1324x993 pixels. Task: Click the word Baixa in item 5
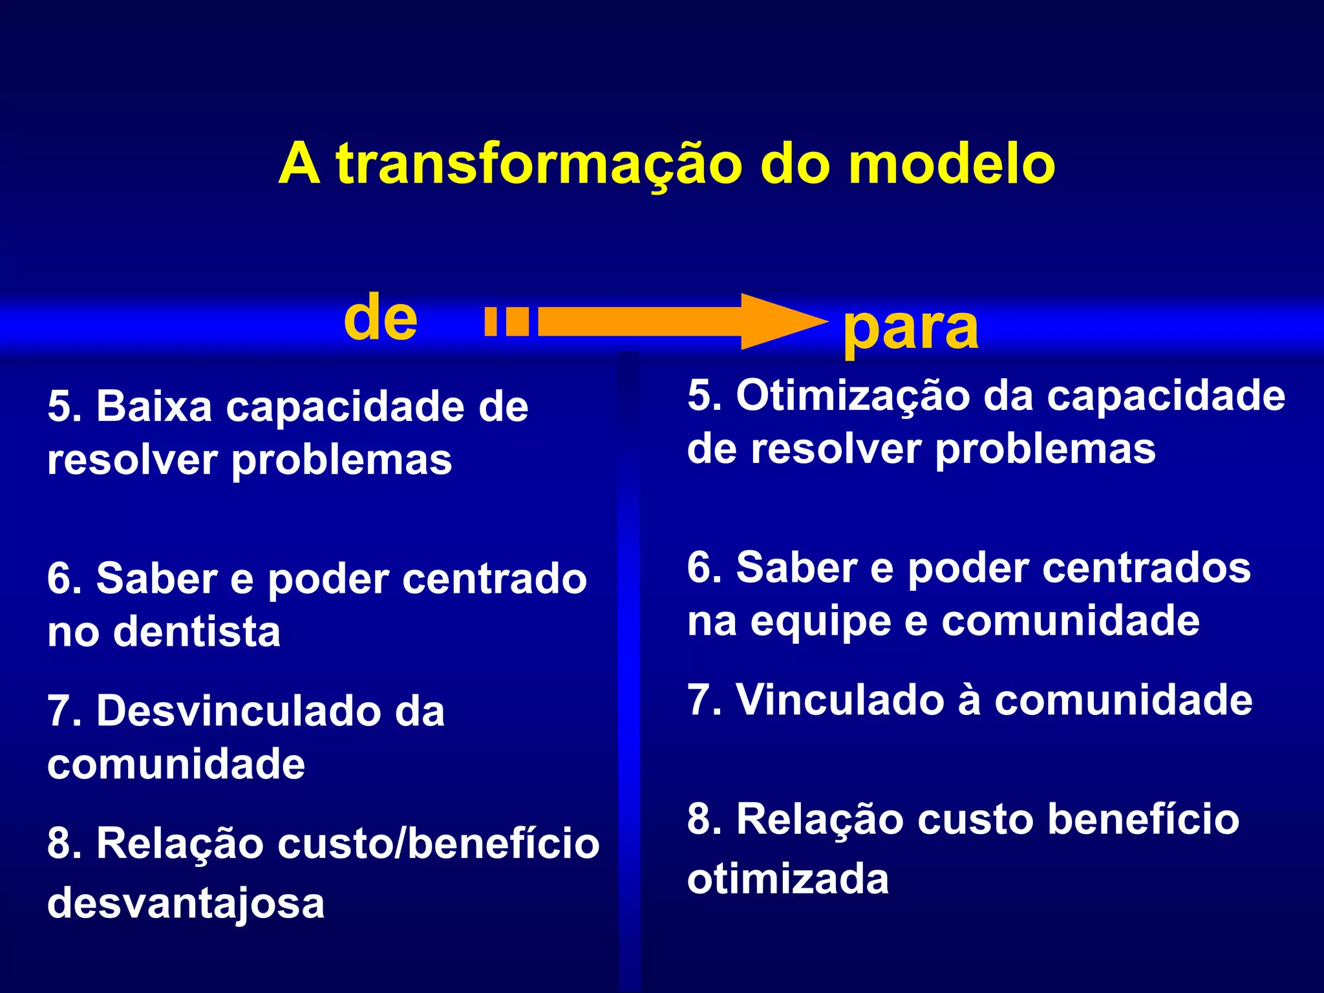[154, 407]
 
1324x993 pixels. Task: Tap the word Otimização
[853, 396]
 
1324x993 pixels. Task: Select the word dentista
[197, 632]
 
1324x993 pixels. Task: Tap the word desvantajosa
[186, 903]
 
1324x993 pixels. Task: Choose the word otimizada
[787, 879]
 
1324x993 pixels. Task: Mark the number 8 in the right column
[699, 819]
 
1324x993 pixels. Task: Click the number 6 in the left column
[59, 579]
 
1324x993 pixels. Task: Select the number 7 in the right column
[699, 700]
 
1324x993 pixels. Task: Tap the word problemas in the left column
[341, 461]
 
